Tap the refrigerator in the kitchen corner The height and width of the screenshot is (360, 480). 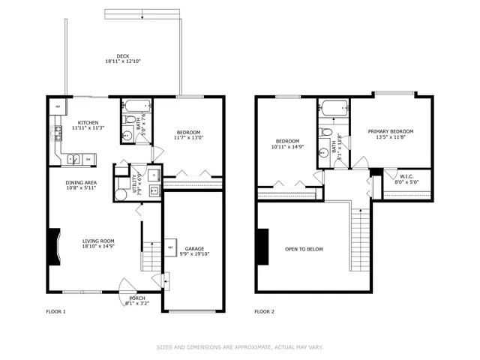pyautogui.click(x=57, y=107)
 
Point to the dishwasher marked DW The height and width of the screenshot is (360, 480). pyautogui.click(x=88, y=159)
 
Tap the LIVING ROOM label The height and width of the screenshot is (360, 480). pyautogui.click(x=97, y=241)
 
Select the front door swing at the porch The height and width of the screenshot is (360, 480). pyautogui.click(x=127, y=286)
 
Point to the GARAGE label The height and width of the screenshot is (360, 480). pyautogui.click(x=194, y=248)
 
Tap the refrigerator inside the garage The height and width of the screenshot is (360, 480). pyautogui.click(x=170, y=247)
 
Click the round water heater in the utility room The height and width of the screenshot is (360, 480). pyautogui.click(x=121, y=193)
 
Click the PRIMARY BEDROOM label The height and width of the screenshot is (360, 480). pyautogui.click(x=390, y=131)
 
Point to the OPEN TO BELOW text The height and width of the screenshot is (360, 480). pyautogui.click(x=304, y=249)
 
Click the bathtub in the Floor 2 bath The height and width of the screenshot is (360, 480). pyautogui.click(x=334, y=106)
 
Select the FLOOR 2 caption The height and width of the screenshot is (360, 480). pyautogui.click(x=265, y=311)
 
